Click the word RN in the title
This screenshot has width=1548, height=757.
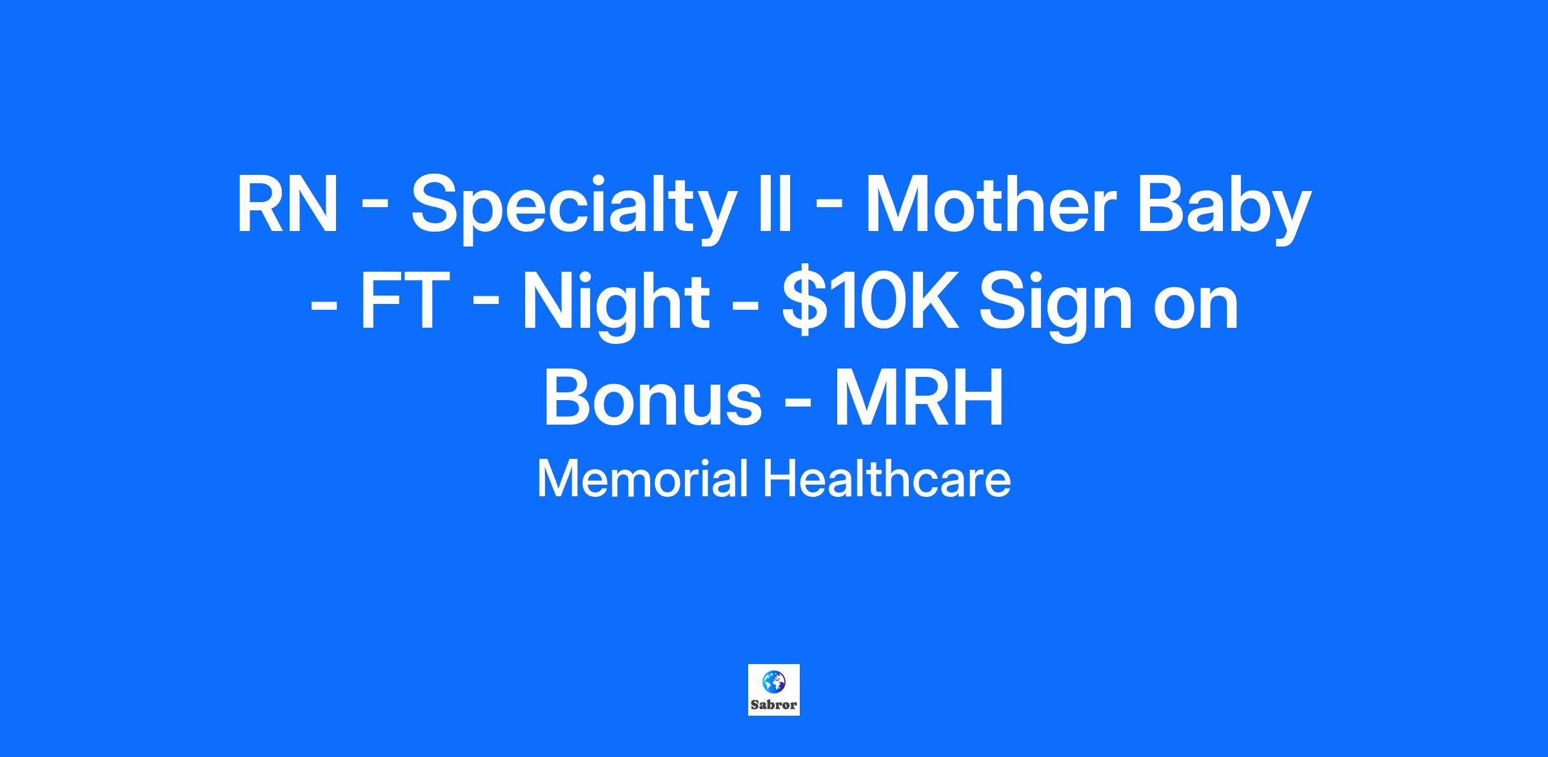coord(287,205)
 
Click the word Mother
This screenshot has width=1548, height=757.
coord(989,205)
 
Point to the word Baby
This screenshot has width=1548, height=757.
coord(1223,209)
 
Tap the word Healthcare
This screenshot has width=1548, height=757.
coord(887,479)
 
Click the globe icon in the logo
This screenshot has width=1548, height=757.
coord(774,681)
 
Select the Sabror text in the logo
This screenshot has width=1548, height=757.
coord(774,705)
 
